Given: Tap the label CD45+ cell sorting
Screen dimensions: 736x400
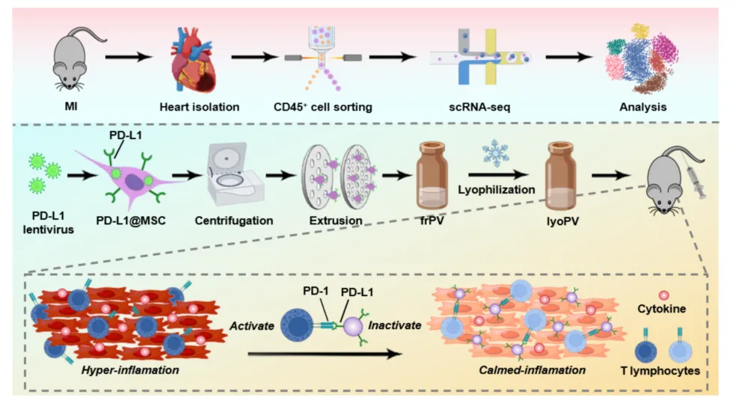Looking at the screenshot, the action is [323, 107].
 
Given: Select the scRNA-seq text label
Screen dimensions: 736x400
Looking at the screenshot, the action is [479, 107].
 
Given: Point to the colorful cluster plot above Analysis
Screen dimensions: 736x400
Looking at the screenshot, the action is [641, 58].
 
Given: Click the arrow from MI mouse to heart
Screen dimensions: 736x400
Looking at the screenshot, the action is [129, 58].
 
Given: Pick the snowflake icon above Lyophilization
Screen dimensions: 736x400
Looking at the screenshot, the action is [495, 153].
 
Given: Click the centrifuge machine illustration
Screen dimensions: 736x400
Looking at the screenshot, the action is [235, 173].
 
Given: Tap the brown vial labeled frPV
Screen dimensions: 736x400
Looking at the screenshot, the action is [432, 176].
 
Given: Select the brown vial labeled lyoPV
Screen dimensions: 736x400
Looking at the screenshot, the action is [560, 176].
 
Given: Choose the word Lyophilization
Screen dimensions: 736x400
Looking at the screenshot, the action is [496, 189].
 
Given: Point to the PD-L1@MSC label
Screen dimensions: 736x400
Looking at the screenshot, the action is [131, 221].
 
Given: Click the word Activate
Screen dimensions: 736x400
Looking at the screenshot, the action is [251, 325].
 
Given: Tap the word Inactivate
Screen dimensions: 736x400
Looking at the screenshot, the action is [394, 325].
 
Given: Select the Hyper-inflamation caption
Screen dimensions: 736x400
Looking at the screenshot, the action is [130, 370].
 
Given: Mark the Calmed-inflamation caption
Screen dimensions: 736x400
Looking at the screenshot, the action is [533, 370].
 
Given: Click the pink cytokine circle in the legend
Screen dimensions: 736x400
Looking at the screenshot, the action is [663, 295].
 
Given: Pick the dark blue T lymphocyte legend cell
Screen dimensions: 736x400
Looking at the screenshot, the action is [646, 351].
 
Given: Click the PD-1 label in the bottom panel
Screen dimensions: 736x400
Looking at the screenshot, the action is [316, 291].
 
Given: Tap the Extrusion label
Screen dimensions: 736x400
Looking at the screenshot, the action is [336, 221].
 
